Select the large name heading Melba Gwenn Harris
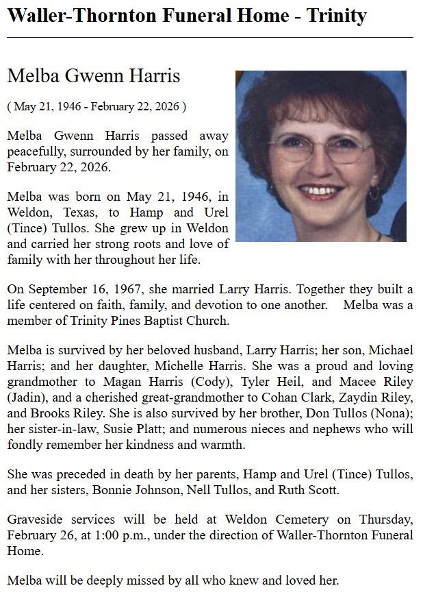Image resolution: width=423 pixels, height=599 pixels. pos(94,76)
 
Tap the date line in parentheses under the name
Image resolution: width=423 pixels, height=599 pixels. pos(97,107)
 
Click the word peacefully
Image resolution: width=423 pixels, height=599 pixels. pos(40,151)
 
